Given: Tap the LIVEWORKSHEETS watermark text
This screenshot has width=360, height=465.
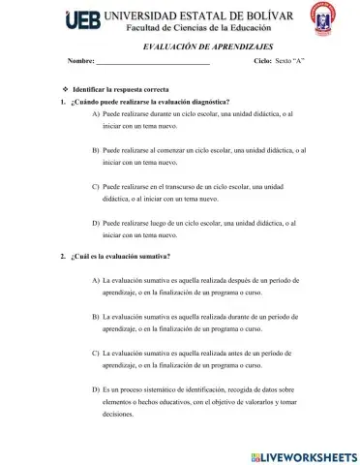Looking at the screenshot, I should click(309, 454).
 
